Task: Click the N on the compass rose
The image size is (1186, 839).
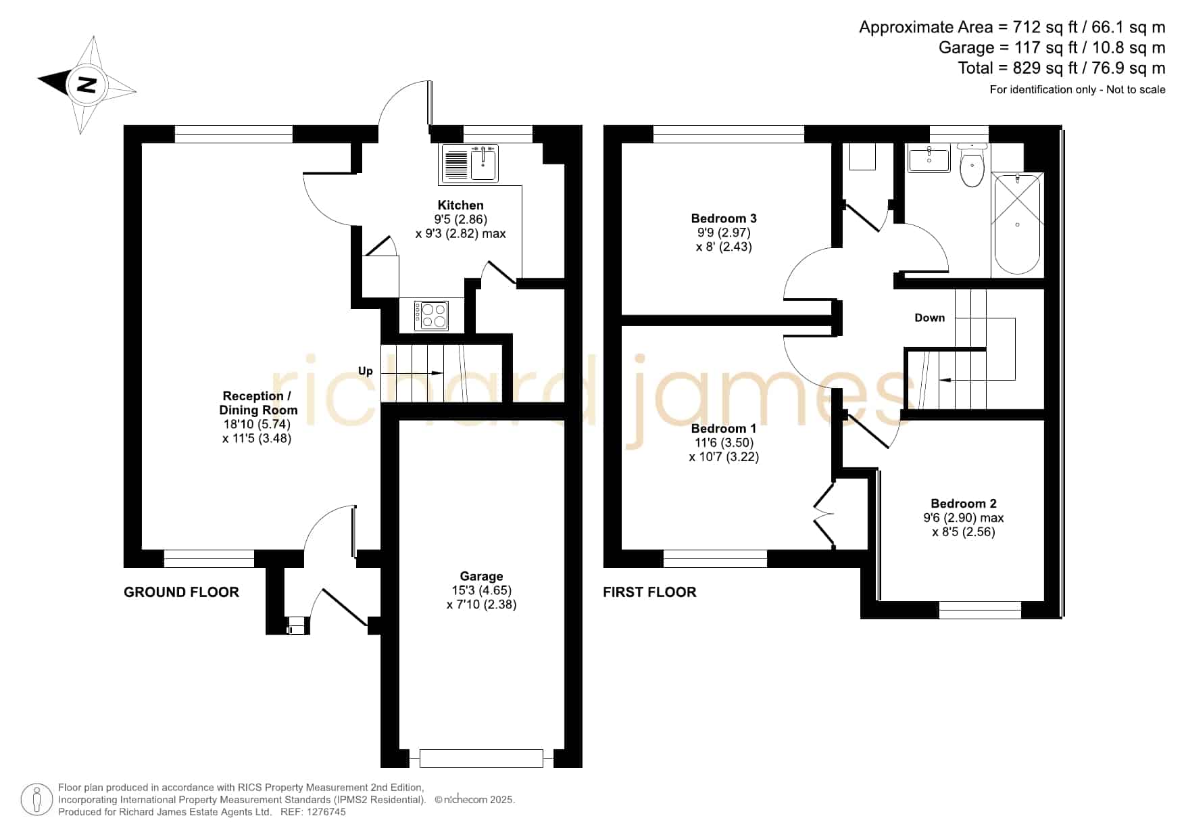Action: [86, 85]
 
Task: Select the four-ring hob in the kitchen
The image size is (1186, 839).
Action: [432, 315]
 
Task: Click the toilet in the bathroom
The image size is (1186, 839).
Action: [972, 164]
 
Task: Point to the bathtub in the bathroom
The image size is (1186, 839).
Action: [1017, 224]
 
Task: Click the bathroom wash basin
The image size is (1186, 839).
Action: [929, 159]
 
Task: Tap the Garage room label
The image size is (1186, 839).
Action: [481, 576]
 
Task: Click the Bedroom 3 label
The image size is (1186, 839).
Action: [724, 218]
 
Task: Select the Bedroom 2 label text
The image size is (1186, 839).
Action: [964, 504]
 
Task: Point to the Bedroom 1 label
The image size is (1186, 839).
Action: [724, 429]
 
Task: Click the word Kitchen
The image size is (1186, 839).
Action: [461, 206]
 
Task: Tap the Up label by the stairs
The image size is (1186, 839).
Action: [366, 371]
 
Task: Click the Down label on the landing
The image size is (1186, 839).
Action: [930, 318]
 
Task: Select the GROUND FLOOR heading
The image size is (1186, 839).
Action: [181, 592]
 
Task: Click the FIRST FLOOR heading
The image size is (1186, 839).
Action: [649, 592]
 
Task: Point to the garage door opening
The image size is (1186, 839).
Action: [481, 759]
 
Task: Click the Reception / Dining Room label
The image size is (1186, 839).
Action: [258, 403]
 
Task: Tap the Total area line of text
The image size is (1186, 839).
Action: [1062, 68]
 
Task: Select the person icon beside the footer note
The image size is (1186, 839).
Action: [36, 800]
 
